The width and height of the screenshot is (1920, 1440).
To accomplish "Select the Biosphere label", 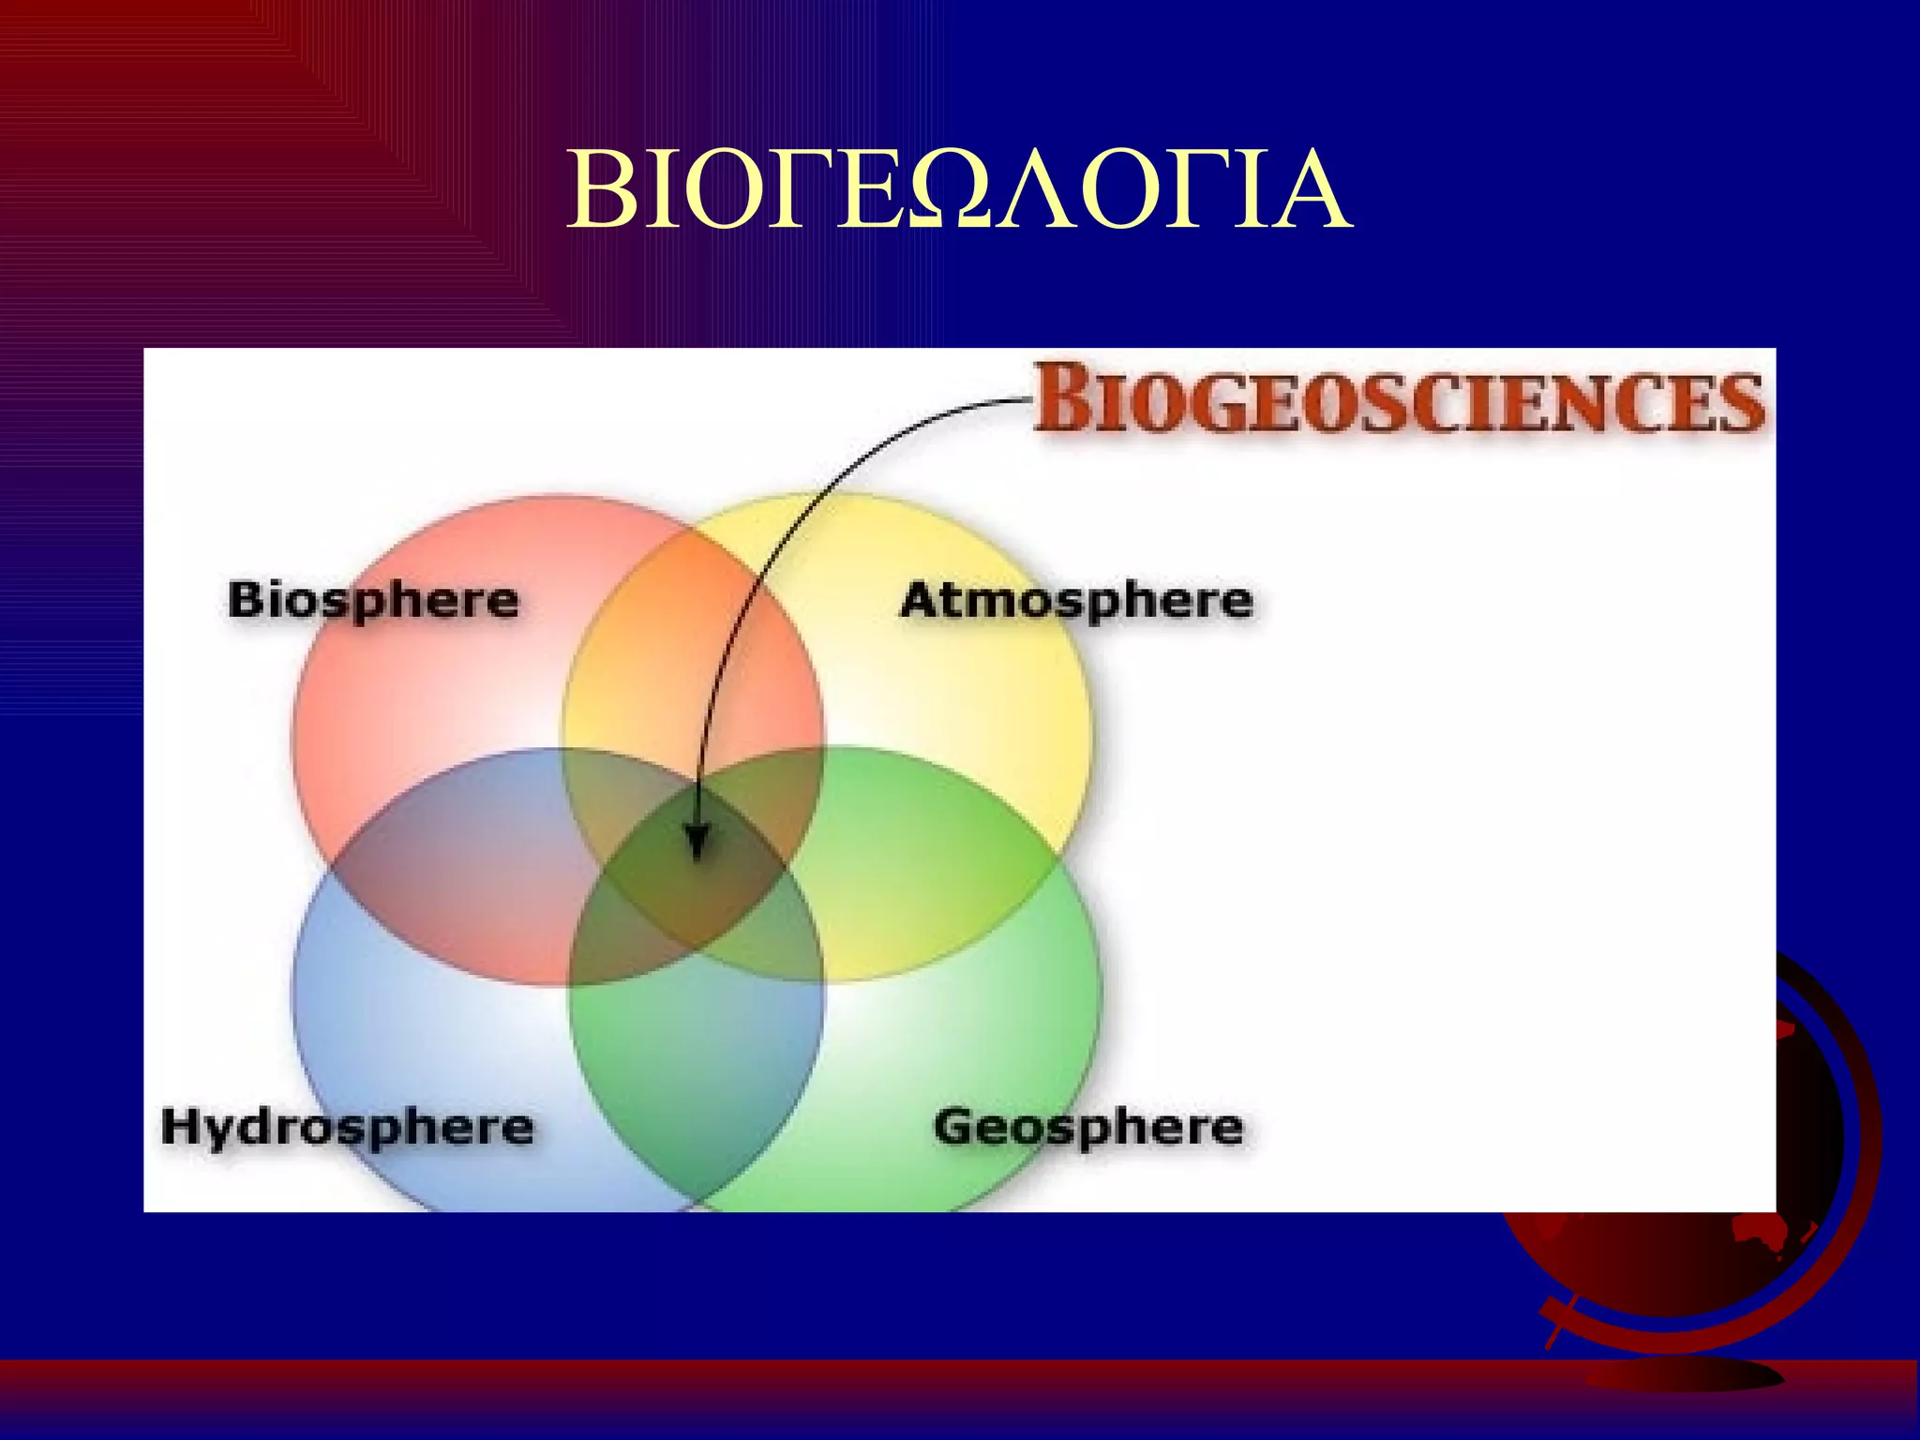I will click(373, 601).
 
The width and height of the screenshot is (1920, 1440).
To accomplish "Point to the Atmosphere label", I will click(1076, 601).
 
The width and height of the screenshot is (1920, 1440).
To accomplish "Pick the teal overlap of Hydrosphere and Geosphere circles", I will click(697, 1078).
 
